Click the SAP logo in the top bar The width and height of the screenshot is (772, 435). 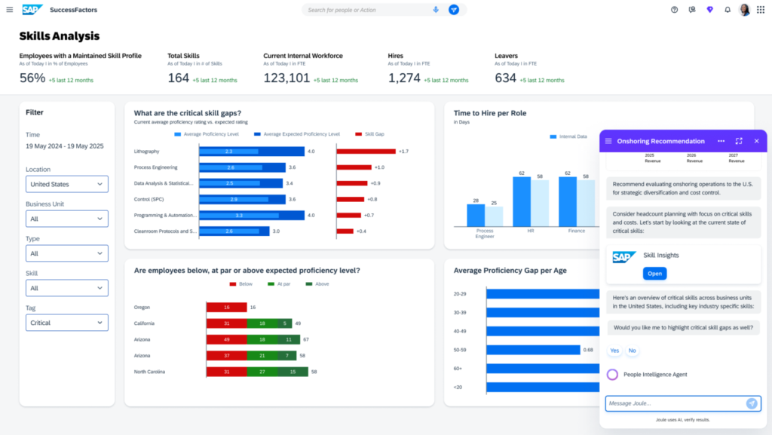point(32,10)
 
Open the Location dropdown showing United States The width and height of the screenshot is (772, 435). point(67,184)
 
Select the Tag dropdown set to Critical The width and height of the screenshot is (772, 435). point(67,323)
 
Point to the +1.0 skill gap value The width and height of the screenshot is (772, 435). point(379,167)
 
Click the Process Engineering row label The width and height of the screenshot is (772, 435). point(156,167)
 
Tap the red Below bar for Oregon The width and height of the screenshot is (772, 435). point(226,308)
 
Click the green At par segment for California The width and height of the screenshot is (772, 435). point(261,323)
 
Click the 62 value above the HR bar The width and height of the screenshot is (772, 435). point(520,173)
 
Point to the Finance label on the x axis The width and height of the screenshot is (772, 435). point(577,231)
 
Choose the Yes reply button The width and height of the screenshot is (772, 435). point(614,351)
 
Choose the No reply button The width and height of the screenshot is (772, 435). point(632,351)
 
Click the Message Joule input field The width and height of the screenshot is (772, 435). point(675,403)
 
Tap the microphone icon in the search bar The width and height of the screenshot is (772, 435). point(436,10)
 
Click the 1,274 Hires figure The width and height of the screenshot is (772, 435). point(404,78)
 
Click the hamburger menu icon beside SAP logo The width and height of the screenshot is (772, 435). point(10,10)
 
